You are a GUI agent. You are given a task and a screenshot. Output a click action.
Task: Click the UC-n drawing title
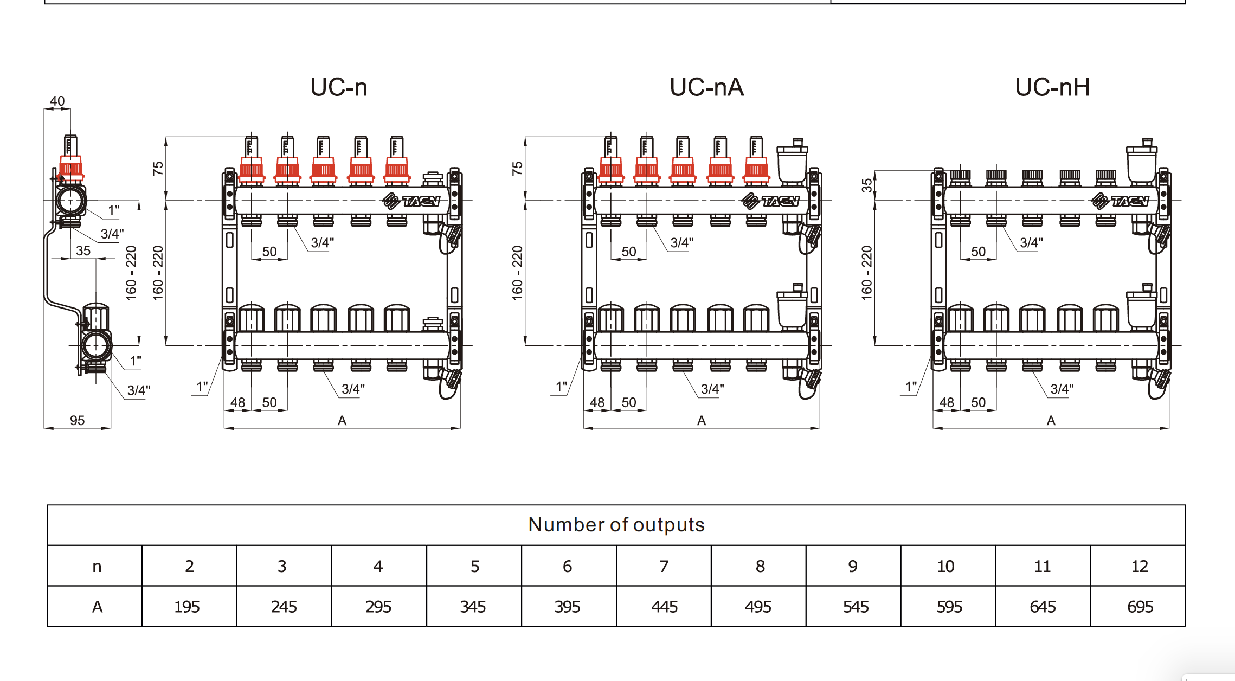pos(339,87)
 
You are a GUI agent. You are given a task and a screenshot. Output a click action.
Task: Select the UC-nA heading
pos(706,87)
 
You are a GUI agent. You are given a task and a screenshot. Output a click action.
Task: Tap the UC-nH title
pos(1052,87)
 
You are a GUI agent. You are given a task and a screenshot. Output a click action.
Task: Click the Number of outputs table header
pos(616,525)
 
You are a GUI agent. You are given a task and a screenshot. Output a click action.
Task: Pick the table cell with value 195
pos(187,607)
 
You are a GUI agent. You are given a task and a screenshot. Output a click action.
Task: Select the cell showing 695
pos(1140,607)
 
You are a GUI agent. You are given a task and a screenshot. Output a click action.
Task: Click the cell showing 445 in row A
pos(664,607)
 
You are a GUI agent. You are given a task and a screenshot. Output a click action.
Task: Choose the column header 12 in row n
pos(1139,566)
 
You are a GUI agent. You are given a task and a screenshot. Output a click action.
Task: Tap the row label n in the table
pos(97,567)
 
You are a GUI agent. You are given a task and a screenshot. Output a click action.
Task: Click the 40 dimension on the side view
pos(57,101)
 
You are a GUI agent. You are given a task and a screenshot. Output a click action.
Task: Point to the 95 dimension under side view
pos(77,420)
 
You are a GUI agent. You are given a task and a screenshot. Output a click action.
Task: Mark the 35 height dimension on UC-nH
pos(867,185)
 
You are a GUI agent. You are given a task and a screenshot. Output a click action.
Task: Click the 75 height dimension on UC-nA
pos(518,168)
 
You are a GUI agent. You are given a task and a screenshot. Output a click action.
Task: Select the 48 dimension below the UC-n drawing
pos(237,402)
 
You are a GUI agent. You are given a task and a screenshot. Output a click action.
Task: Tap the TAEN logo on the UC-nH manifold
pos(1120,201)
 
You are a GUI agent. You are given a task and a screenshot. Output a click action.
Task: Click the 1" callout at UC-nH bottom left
pos(911,387)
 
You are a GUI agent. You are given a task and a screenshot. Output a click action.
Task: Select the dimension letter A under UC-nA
pos(701,421)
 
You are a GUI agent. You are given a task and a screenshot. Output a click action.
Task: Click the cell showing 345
pos(473,607)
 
